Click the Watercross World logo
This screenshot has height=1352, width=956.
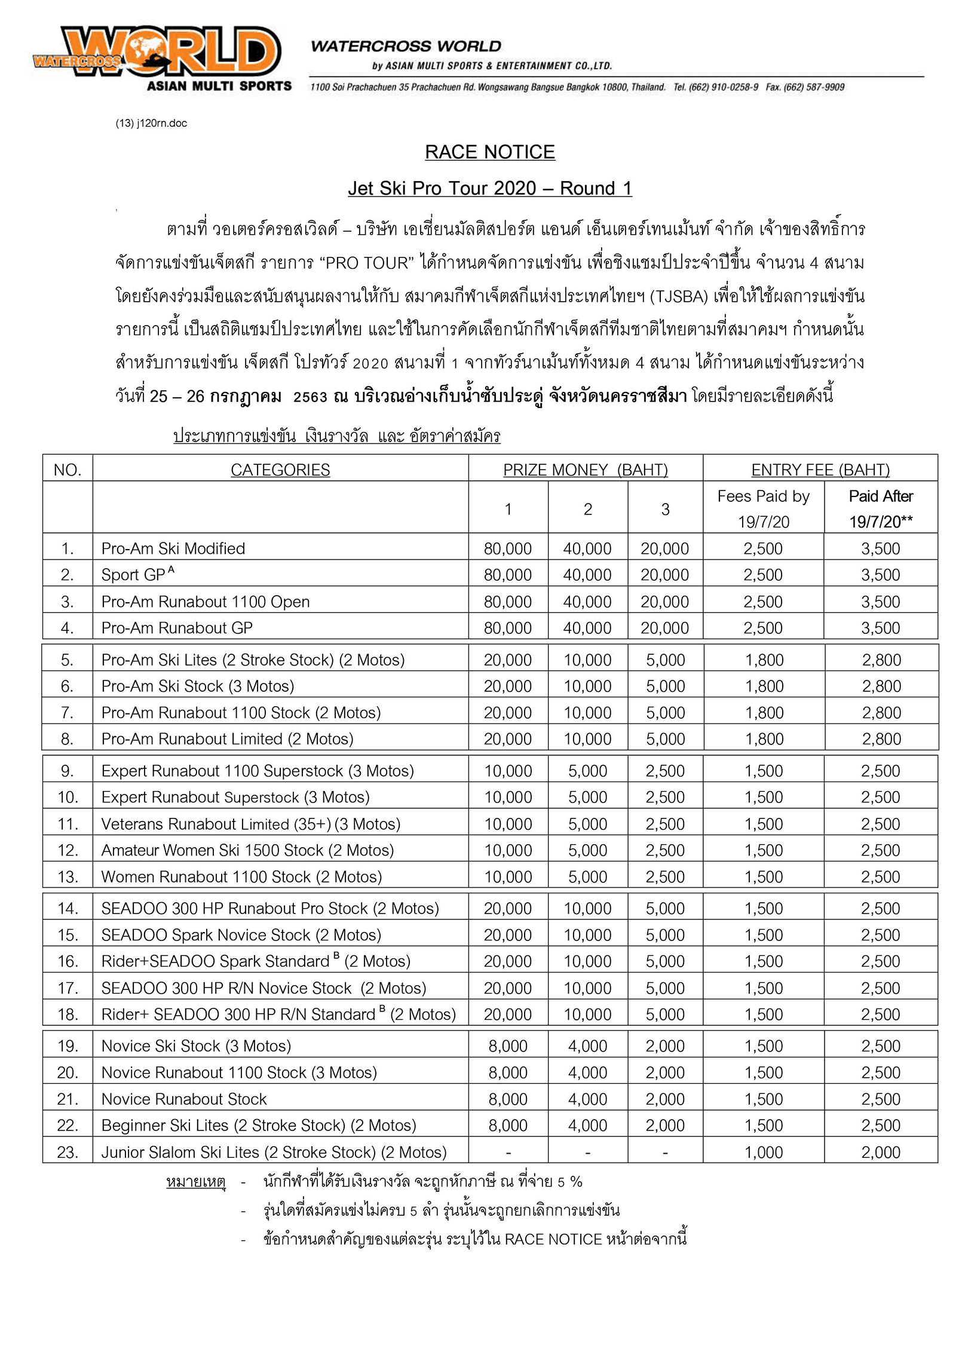(161, 57)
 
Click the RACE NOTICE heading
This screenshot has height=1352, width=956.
(489, 152)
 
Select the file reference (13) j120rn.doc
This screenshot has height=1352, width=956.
(151, 123)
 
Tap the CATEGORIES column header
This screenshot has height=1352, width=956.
(280, 470)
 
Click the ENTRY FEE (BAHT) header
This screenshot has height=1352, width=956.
(820, 470)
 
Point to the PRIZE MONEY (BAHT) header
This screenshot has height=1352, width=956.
(585, 470)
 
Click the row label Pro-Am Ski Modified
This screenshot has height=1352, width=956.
(173, 548)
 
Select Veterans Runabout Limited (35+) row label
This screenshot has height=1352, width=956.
(250, 824)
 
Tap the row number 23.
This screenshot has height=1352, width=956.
(68, 1152)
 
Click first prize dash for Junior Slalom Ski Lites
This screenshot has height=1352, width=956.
(508, 1152)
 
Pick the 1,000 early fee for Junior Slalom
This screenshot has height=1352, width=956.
(763, 1152)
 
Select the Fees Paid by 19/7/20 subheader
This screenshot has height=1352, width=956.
(763, 508)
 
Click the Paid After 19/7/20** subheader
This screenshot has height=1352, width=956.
(881, 508)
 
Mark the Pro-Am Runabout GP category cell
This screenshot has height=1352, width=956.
(177, 627)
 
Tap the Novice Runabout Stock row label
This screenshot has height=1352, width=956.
(184, 1099)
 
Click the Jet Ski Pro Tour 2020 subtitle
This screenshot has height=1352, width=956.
(489, 188)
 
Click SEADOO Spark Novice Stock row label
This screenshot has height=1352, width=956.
(241, 934)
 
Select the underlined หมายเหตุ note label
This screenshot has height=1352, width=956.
(195, 1181)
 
